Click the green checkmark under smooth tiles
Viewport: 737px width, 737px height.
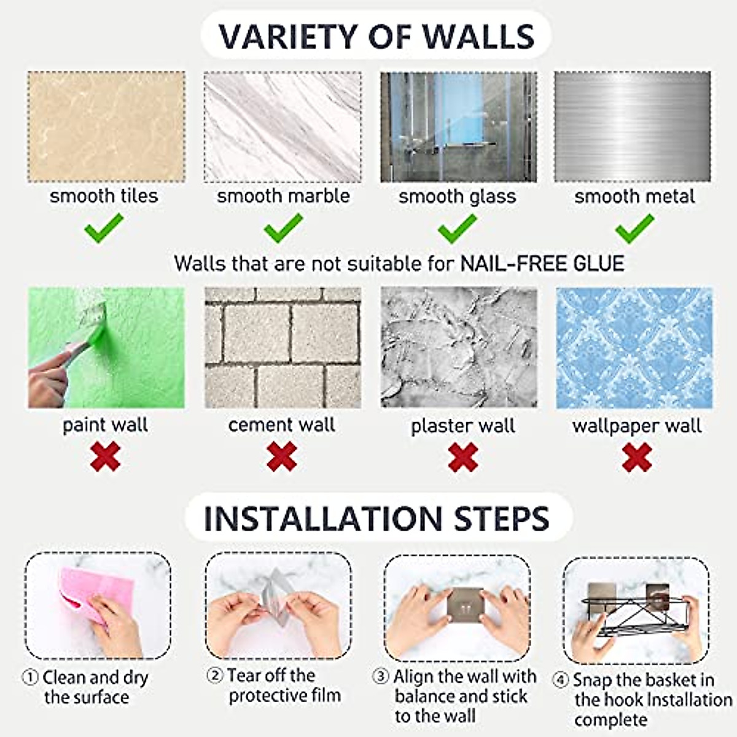click(103, 228)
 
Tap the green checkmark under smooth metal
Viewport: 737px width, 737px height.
click(634, 228)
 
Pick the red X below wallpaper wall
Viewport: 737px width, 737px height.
click(637, 457)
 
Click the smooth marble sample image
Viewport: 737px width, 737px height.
click(283, 127)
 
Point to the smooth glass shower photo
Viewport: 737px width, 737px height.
click(459, 127)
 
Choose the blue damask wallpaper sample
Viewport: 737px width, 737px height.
click(634, 348)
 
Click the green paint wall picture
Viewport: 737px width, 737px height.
click(106, 348)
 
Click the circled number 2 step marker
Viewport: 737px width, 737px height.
click(214, 676)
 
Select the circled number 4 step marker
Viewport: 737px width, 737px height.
click(561, 680)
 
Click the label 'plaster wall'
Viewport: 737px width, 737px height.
click(463, 426)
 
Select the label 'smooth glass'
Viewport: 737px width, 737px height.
click(458, 197)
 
